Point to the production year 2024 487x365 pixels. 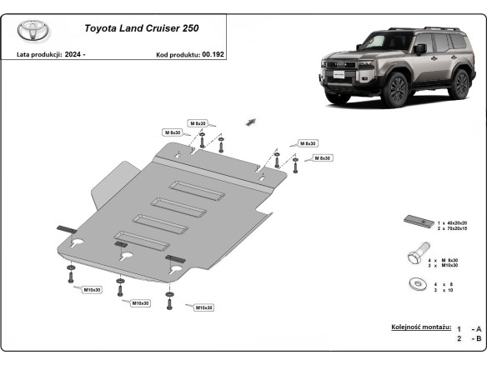click(x=76, y=54)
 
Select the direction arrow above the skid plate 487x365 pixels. click(x=249, y=122)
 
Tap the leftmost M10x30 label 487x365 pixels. click(x=93, y=289)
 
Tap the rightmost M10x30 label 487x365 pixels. click(x=203, y=307)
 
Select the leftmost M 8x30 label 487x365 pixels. click(x=173, y=132)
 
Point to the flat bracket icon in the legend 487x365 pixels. click(x=417, y=221)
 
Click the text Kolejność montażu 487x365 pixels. click(x=421, y=327)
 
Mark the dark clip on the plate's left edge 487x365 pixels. click(x=66, y=229)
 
